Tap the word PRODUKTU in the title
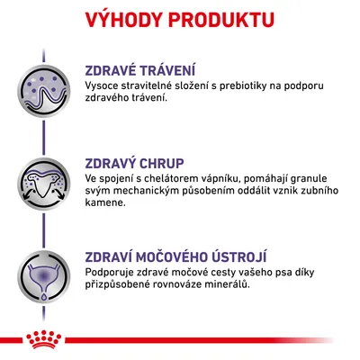[x=225, y=19]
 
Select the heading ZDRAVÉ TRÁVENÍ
[x=140, y=71]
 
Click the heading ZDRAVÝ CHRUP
[x=135, y=164]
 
